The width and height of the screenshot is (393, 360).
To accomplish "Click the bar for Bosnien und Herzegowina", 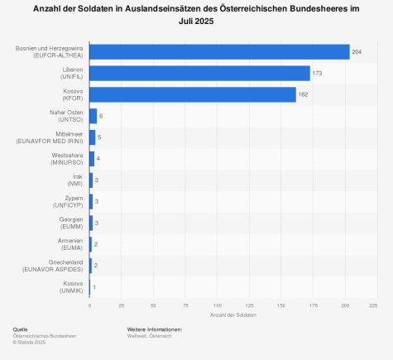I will tap(219, 51).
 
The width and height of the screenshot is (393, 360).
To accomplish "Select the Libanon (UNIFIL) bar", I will tap(199, 73).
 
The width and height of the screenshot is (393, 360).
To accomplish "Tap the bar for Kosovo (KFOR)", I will tap(193, 94).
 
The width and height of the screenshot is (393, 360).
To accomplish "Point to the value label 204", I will tap(357, 51).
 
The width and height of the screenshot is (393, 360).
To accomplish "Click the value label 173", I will tap(317, 73).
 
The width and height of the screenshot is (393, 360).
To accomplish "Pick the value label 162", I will tap(303, 94).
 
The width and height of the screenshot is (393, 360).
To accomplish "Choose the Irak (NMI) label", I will tap(75, 180).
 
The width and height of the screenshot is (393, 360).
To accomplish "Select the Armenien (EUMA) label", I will tap(69, 245).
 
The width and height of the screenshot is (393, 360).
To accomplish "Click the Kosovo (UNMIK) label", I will tap(72, 288).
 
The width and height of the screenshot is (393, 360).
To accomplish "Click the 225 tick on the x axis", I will tap(373, 306).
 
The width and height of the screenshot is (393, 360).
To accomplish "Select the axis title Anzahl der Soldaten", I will tap(232, 316).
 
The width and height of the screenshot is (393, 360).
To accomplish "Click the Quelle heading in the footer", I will tap(20, 329).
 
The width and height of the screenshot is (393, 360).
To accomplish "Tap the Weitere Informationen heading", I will tap(155, 329).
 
